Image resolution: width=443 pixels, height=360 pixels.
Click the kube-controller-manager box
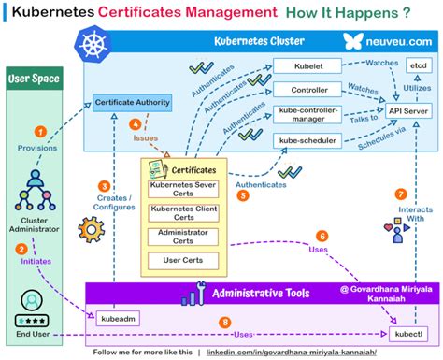[x=304, y=115]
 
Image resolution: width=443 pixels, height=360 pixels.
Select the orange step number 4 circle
[x=136, y=123]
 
